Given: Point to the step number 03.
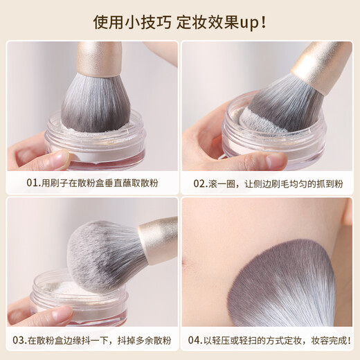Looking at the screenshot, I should (19, 340).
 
